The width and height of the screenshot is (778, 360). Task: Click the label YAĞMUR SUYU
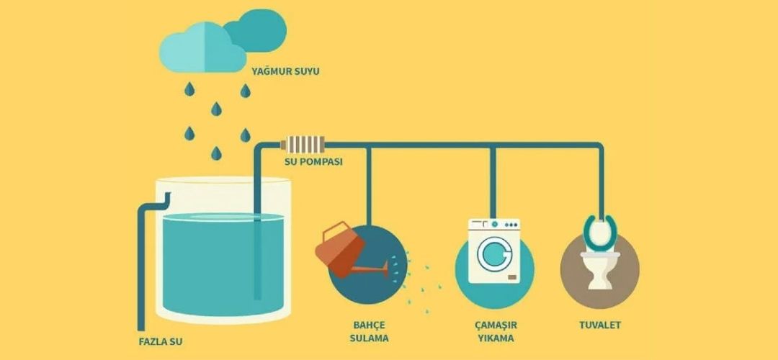(x=285, y=72)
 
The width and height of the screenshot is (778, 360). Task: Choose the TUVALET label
(x=600, y=325)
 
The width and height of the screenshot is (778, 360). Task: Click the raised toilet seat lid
(x=601, y=229)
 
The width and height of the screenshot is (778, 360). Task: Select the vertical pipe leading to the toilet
(x=601, y=180)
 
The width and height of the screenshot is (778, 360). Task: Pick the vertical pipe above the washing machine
(x=493, y=180)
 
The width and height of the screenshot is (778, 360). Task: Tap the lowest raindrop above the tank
(x=216, y=153)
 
